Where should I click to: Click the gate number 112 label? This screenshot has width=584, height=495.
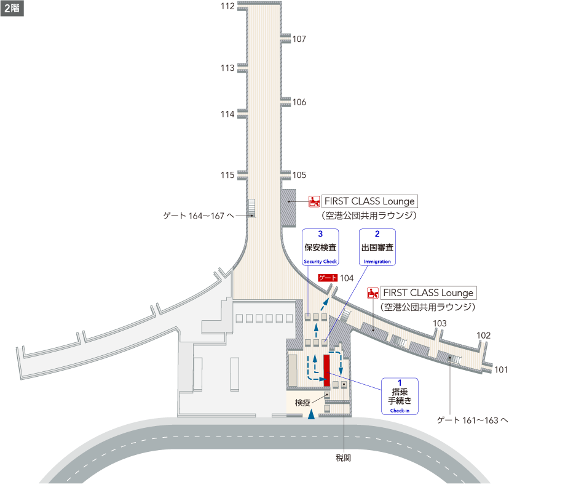click(227, 7)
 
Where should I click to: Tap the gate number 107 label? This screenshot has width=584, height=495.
click(299, 39)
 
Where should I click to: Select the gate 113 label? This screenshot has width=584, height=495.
click(227, 68)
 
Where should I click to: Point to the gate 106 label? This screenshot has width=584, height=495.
click(299, 103)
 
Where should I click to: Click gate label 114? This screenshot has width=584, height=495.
click(227, 115)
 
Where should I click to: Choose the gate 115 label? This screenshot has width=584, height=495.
click(227, 175)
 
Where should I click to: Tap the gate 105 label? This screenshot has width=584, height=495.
click(299, 175)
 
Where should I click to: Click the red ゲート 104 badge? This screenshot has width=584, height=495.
click(328, 278)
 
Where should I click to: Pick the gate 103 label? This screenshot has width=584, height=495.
click(440, 324)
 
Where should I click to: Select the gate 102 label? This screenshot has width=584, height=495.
click(483, 336)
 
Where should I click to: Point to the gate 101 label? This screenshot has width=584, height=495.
click(501, 370)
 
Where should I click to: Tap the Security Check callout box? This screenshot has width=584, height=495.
click(320, 247)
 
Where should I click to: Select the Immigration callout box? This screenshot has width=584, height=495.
click(377, 247)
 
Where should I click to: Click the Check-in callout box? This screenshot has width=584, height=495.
click(400, 396)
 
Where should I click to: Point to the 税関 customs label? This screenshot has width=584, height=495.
click(343, 458)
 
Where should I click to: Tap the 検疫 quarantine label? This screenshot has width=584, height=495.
click(302, 403)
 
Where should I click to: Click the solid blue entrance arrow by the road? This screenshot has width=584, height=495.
click(312, 414)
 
